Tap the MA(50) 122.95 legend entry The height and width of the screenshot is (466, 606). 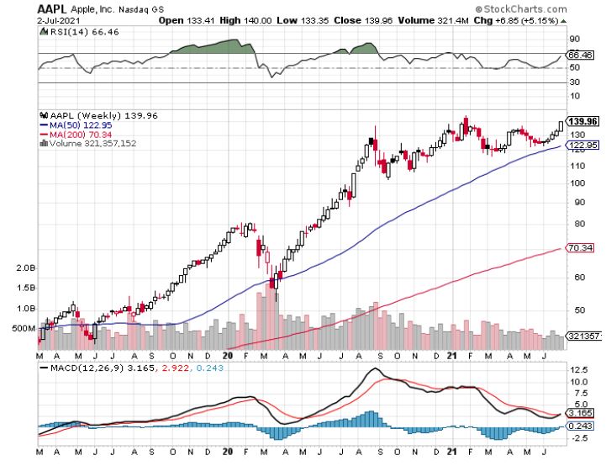[73, 124]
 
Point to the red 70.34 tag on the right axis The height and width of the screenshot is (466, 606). [582, 248]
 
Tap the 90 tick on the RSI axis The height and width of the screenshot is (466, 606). [575, 39]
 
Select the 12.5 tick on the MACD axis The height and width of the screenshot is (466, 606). [578, 369]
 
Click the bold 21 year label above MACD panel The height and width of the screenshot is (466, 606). [451, 356]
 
